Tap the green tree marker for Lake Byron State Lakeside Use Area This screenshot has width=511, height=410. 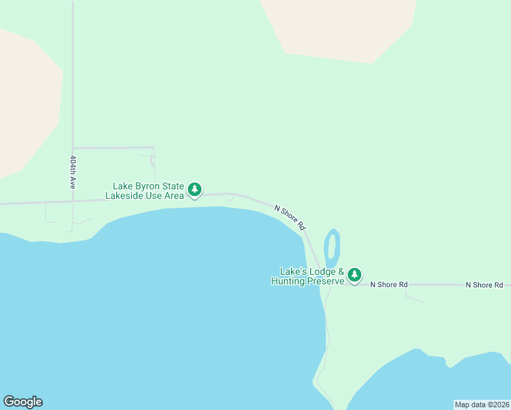[195, 189]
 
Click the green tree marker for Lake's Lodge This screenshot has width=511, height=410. [354, 275]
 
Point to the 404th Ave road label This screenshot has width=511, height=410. [72, 172]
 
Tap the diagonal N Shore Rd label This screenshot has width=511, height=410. [290, 217]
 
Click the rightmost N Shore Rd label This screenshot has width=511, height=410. [484, 284]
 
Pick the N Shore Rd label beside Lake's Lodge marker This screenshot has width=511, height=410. [389, 284]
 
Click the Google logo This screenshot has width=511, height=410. [23, 402]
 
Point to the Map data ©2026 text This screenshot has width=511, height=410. [482, 404]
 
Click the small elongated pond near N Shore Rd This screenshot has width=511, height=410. [333, 248]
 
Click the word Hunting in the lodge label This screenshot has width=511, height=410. [287, 281]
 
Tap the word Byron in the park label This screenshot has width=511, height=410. [150, 186]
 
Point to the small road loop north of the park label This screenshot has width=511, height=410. [152, 161]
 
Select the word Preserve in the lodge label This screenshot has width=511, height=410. [323, 281]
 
